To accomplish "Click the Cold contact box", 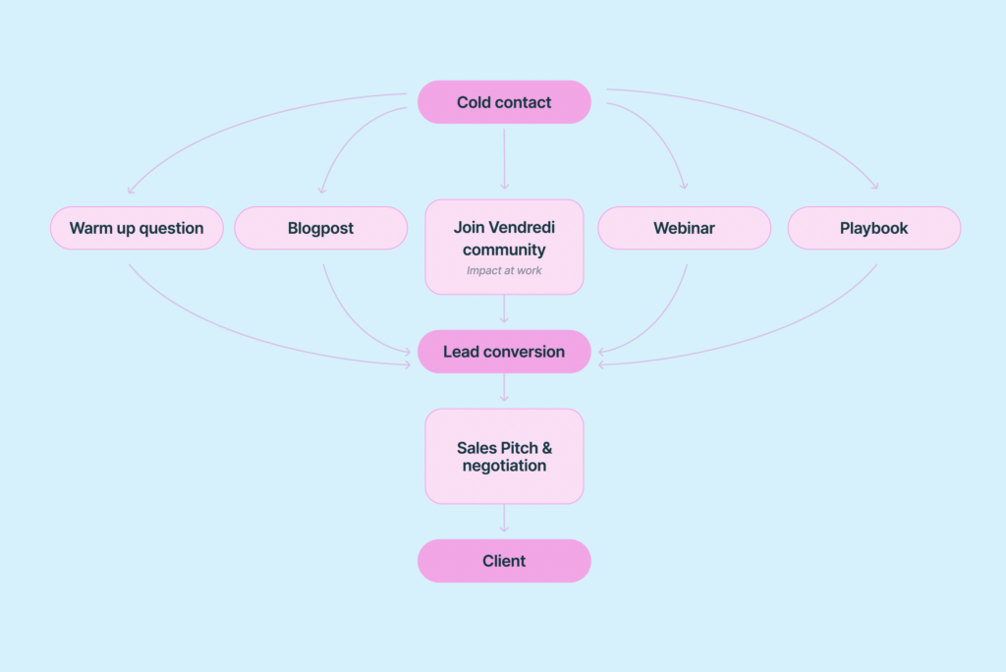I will [504, 102].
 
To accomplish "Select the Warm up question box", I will [137, 228].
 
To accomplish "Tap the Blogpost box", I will [320, 228].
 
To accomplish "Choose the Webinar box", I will [684, 228].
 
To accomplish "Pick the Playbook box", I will [873, 228].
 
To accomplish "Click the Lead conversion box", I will [504, 352].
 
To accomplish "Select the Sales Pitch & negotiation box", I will [504, 456].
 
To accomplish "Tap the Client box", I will [504, 561].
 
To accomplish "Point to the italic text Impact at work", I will [504, 270].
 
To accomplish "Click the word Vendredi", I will [521, 227].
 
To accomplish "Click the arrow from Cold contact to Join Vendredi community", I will [504, 157].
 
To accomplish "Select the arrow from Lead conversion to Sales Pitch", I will [504, 388].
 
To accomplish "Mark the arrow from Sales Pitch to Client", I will [504, 519].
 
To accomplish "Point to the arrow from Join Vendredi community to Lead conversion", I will [504, 308].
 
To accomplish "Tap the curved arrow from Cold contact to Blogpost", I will [349, 138].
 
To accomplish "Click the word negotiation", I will [504, 466].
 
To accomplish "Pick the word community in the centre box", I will [504, 250].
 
